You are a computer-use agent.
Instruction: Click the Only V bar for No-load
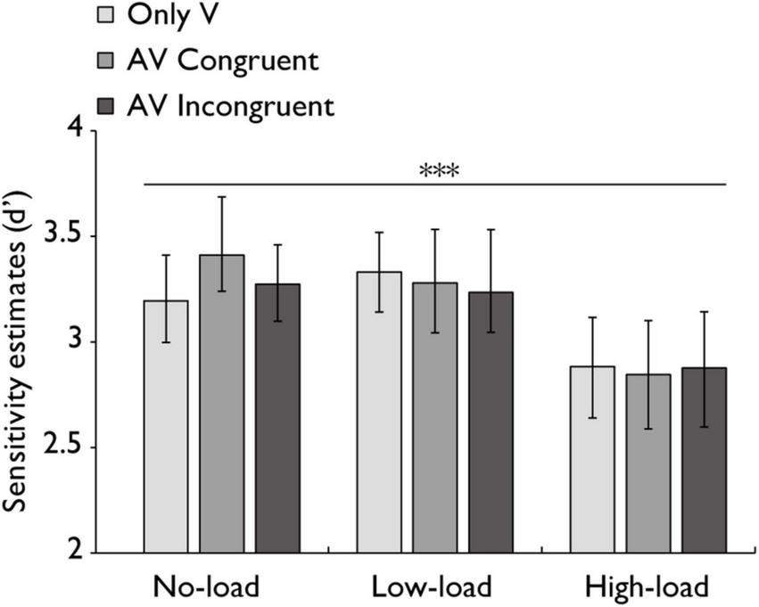pyautogui.click(x=166, y=427)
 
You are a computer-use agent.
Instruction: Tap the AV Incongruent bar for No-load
pyautogui.click(x=278, y=419)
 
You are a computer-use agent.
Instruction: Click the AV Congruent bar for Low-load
pyautogui.click(x=435, y=418)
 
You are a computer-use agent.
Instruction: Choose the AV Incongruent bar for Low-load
pyautogui.click(x=491, y=422)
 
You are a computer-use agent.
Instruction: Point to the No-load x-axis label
pyautogui.click(x=206, y=588)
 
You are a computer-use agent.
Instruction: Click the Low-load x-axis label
pyautogui.click(x=432, y=588)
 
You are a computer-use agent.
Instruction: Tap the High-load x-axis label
pyautogui.click(x=648, y=588)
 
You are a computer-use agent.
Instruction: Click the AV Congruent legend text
pyautogui.click(x=223, y=62)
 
